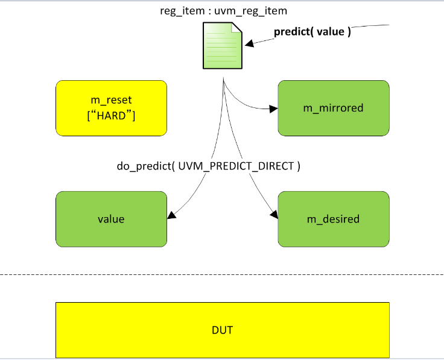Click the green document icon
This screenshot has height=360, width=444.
coord(221,46)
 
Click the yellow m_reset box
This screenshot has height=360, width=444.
coord(111,107)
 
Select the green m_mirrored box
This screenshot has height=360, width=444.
coord(333,108)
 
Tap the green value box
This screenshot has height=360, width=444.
coord(111,219)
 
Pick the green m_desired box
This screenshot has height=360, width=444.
coord(333,219)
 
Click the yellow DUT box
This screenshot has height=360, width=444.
coord(222,330)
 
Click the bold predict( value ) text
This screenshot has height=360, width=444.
coord(312,32)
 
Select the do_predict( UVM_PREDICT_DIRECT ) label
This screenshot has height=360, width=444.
coord(208,166)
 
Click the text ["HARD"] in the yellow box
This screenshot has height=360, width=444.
coord(111,114)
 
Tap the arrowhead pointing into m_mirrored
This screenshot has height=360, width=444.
coord(273,109)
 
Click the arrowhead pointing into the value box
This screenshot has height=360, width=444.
coord(173,215)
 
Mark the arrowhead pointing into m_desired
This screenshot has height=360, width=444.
coord(274,215)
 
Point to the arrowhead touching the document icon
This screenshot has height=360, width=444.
coord(247,43)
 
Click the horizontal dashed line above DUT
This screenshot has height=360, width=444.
coord(222,276)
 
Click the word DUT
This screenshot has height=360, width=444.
coord(222,330)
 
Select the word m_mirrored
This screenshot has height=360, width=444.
coord(333,108)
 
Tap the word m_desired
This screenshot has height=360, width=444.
coord(333,219)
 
